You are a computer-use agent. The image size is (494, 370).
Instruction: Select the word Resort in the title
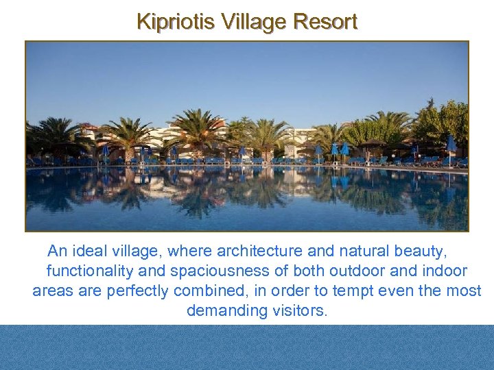tap(325, 21)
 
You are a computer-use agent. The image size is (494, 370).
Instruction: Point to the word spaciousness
tap(217, 271)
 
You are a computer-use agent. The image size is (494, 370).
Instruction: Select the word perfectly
tap(137, 291)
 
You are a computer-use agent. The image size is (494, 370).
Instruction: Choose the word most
tap(464, 291)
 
